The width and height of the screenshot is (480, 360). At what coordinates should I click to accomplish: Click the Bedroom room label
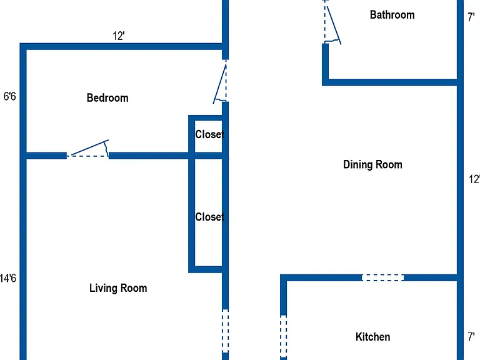[107, 98]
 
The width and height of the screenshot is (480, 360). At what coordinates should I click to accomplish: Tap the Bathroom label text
[392, 15]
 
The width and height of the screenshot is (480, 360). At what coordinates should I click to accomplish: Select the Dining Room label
[372, 164]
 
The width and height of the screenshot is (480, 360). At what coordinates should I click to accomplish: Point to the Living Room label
[118, 288]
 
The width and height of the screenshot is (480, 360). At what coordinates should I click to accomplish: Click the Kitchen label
[373, 337]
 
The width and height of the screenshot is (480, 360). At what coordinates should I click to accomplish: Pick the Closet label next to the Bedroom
[210, 134]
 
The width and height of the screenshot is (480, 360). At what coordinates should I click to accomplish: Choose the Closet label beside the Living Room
[210, 217]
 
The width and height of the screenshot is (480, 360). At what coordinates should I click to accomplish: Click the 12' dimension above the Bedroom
[119, 36]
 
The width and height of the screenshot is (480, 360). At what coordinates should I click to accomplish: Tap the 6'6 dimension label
[9, 96]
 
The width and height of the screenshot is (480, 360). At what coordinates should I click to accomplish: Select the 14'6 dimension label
[8, 278]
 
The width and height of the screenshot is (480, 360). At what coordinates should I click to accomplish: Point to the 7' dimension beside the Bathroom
[471, 17]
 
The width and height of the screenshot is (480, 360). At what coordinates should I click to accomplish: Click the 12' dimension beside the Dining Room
[474, 179]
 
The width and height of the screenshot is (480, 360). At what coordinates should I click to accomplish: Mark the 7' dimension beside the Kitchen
[471, 337]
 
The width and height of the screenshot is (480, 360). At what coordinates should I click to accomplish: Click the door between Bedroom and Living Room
[88, 149]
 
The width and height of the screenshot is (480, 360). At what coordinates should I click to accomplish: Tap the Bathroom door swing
[332, 22]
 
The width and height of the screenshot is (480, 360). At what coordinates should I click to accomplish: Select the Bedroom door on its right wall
[221, 82]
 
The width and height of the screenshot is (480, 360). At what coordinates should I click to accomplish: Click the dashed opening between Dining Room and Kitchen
[382, 277]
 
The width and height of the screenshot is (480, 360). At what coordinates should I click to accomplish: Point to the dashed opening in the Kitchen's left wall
[284, 336]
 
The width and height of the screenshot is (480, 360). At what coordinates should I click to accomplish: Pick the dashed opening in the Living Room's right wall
[225, 331]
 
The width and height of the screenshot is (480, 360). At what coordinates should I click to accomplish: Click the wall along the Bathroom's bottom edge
[390, 82]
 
